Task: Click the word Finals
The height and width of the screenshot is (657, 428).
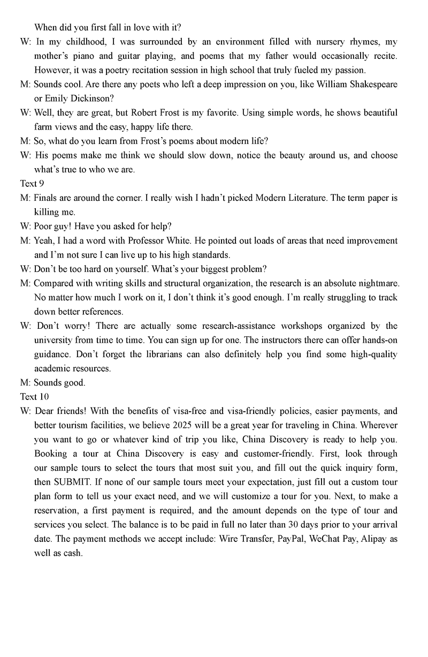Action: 46,198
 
